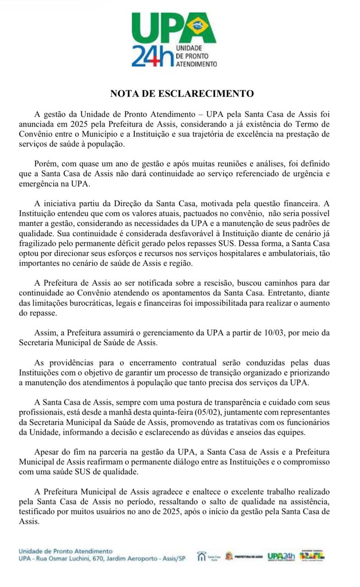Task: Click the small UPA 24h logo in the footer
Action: coord(281,556)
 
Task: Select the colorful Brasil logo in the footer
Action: coord(312,555)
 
